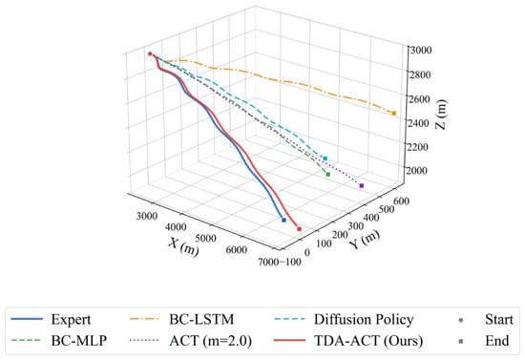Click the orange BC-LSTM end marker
click(393, 114)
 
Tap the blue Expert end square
click(283, 220)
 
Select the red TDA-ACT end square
click(300, 229)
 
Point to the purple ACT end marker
click(361, 185)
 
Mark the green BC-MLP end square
click(328, 174)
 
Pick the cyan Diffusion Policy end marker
click(325, 159)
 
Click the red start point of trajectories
click(150, 53)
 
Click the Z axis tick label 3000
click(421, 50)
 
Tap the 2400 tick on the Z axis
click(419, 123)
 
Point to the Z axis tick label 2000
click(417, 171)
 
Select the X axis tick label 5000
click(205, 239)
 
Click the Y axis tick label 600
click(402, 201)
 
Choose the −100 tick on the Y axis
click(290, 262)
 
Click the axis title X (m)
click(183, 246)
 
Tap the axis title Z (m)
click(441, 115)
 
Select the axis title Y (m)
click(365, 239)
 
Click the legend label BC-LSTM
click(201, 319)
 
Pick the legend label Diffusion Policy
click(364, 320)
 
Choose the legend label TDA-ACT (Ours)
click(368, 341)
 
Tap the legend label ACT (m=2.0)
click(210, 341)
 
